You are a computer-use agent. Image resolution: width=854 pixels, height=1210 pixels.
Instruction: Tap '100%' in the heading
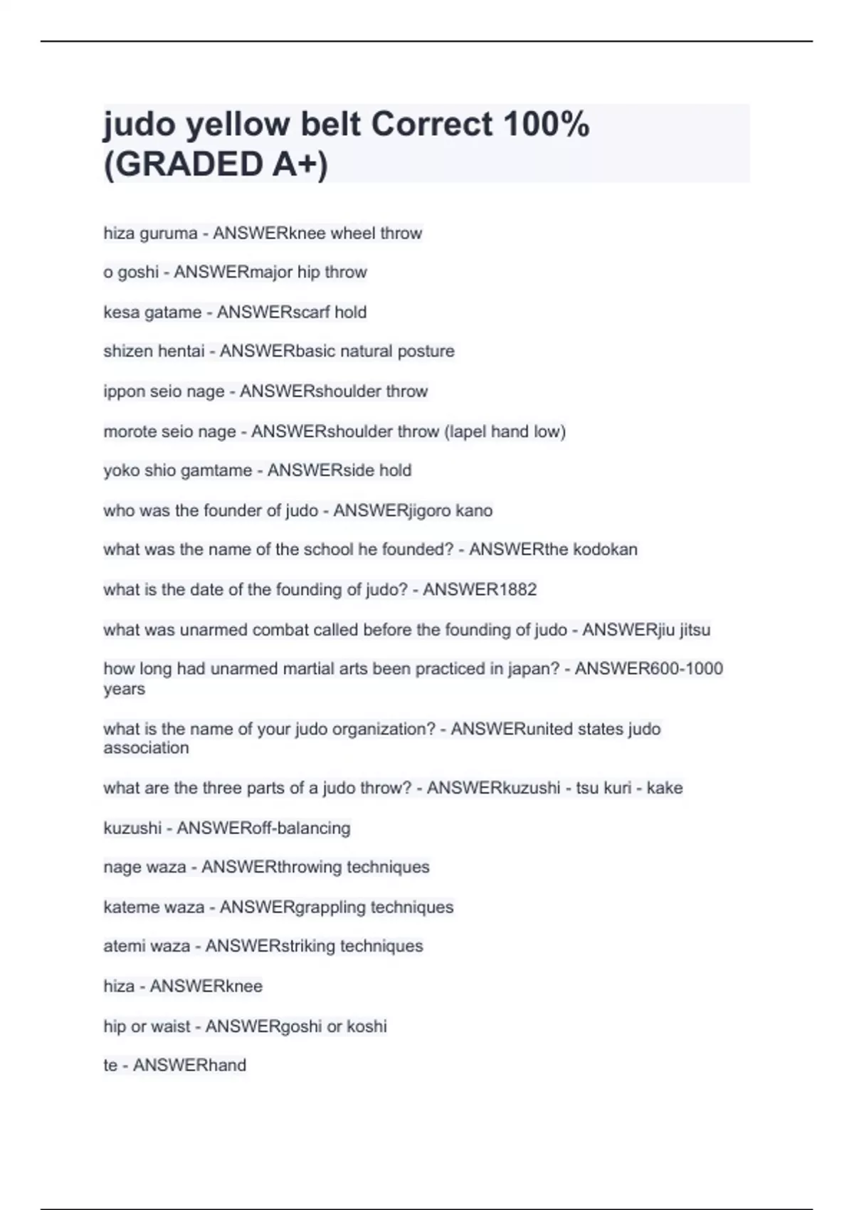[x=546, y=125]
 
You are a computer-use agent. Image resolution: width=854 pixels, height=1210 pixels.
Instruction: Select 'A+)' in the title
[x=300, y=164]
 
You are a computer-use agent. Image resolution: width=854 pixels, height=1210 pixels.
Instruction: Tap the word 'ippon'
[x=124, y=391]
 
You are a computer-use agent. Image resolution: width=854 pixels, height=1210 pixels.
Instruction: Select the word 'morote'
[x=130, y=431]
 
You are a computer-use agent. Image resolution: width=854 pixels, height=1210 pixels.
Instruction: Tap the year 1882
[x=515, y=590]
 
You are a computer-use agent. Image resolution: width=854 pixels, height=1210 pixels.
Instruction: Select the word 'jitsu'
[x=694, y=630]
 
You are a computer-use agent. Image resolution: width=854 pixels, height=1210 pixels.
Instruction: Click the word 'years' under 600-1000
[x=124, y=689]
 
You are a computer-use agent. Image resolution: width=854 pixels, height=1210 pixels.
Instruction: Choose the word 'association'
[x=146, y=748]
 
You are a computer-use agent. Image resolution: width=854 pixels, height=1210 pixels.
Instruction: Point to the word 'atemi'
[x=122, y=947]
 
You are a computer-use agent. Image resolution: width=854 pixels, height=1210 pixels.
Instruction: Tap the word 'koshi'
[x=367, y=1026]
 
